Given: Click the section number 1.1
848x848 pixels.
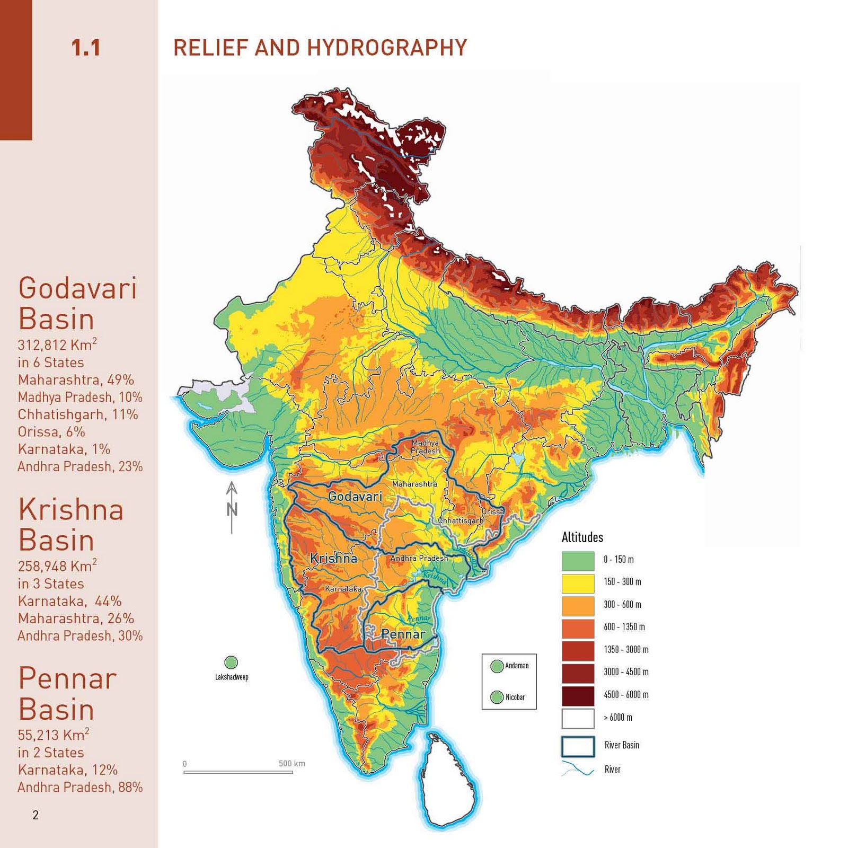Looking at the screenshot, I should [x=86, y=48].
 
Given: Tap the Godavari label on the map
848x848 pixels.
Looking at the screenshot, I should [x=355, y=497].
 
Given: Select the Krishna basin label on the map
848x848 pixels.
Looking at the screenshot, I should [x=333, y=559].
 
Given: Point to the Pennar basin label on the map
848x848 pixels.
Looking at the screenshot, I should [x=403, y=634].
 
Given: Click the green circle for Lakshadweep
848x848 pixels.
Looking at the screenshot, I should [x=231, y=662].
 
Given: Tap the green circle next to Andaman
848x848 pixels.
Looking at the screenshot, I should [x=497, y=666].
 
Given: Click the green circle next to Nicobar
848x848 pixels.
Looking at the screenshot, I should [x=497, y=697].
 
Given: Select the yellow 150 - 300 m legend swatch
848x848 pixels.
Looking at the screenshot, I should [x=578, y=583].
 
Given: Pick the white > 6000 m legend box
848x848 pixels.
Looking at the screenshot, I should [x=578, y=719].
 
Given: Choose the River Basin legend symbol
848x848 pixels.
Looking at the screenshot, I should [x=578, y=746].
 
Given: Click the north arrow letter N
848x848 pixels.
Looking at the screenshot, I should [x=232, y=510].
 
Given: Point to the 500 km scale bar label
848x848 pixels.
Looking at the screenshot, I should [x=291, y=764].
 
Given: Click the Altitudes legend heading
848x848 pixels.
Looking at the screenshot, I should [x=582, y=537].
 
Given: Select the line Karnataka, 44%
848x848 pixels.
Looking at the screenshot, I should [x=69, y=602].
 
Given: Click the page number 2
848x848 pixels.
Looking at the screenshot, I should [x=36, y=815].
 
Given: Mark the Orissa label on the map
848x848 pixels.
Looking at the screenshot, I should [x=492, y=512].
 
